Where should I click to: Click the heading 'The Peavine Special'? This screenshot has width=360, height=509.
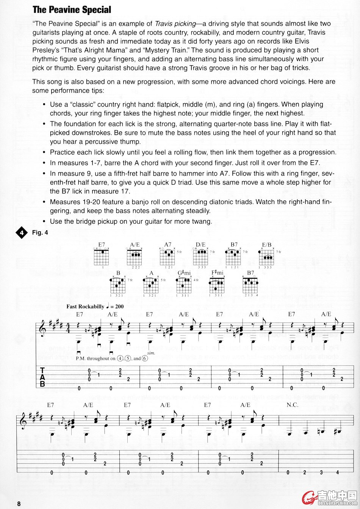[x=72, y=9]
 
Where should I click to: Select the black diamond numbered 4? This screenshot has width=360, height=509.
[x=22, y=233]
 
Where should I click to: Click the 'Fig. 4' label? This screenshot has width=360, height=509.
[x=40, y=233]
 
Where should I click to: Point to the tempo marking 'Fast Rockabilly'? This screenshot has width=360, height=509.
[x=85, y=306]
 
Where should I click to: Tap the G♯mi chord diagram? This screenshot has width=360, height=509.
[x=185, y=285]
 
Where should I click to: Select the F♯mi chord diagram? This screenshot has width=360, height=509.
[x=217, y=285]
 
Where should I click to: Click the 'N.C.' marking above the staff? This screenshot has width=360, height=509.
[x=293, y=405]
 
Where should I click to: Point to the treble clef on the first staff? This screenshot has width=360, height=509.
[x=43, y=328]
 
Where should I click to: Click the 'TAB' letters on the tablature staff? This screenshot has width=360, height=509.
[x=42, y=377]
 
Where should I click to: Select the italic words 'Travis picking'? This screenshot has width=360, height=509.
[x=175, y=24]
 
